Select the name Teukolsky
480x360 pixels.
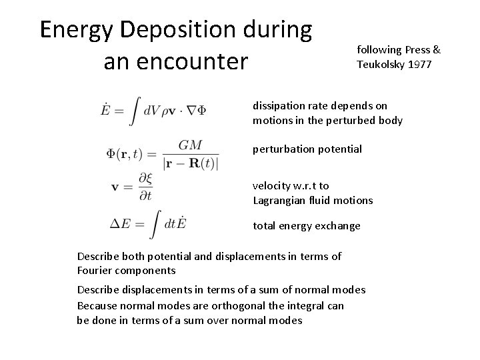[378, 64]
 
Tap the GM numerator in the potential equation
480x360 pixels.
[189, 145]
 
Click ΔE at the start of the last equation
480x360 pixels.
[120, 224]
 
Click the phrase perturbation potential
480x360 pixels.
[307, 149]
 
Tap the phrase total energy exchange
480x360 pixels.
[306, 226]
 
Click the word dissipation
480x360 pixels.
[275, 105]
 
